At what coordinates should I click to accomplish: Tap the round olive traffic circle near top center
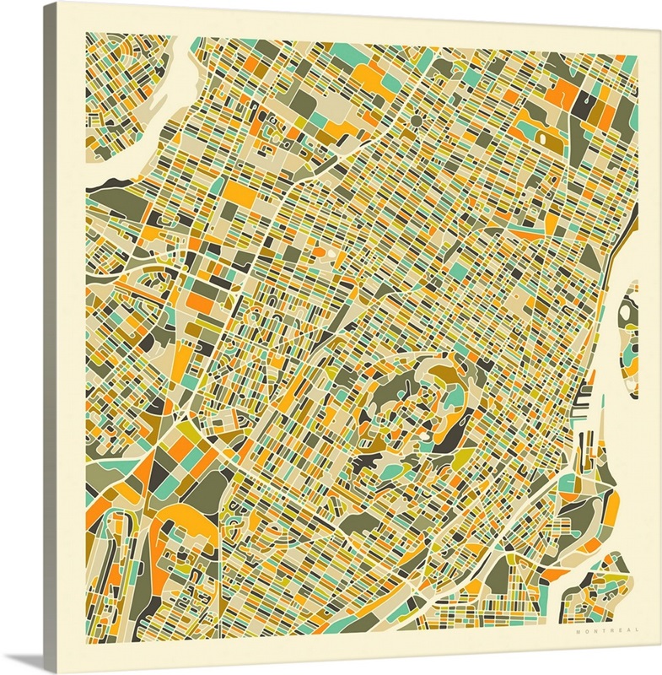(x=416, y=121)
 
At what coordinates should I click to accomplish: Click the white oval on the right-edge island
(x=625, y=312)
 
